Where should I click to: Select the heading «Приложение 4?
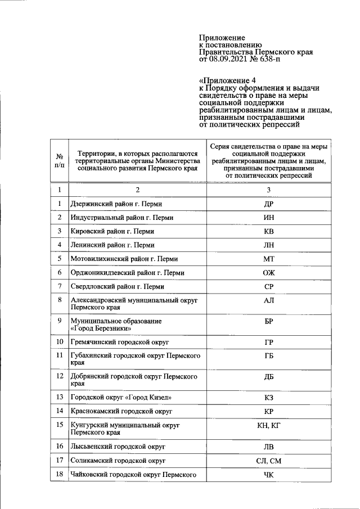223,80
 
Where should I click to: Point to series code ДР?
268,204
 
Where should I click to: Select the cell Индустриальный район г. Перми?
121,218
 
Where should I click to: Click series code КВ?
268,231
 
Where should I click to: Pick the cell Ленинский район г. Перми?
112,245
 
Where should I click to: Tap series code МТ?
268,259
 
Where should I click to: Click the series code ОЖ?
268,273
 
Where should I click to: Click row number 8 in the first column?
59,300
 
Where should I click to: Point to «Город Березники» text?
101,328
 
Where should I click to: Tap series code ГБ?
268,356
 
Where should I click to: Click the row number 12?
59,375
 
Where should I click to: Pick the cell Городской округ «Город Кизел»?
121,398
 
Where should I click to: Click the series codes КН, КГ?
268,425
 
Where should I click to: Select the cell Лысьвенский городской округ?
118,447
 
